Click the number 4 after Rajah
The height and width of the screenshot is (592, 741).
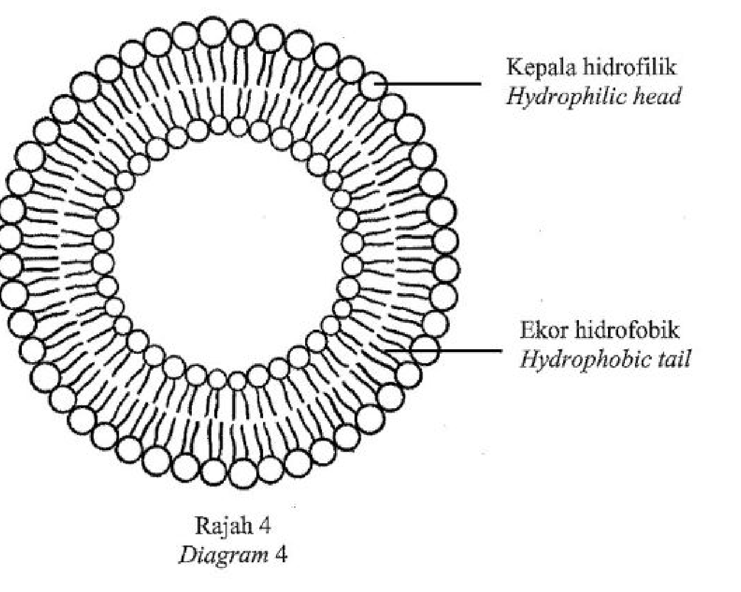tap(263, 526)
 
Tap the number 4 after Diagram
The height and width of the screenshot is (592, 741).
tap(280, 554)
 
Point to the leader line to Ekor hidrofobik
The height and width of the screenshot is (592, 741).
tap(443, 351)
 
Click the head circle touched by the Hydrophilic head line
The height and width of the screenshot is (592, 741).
tap(373, 85)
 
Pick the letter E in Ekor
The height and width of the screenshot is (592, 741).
tap(526, 330)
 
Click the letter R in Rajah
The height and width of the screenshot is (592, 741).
tap(202, 526)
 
